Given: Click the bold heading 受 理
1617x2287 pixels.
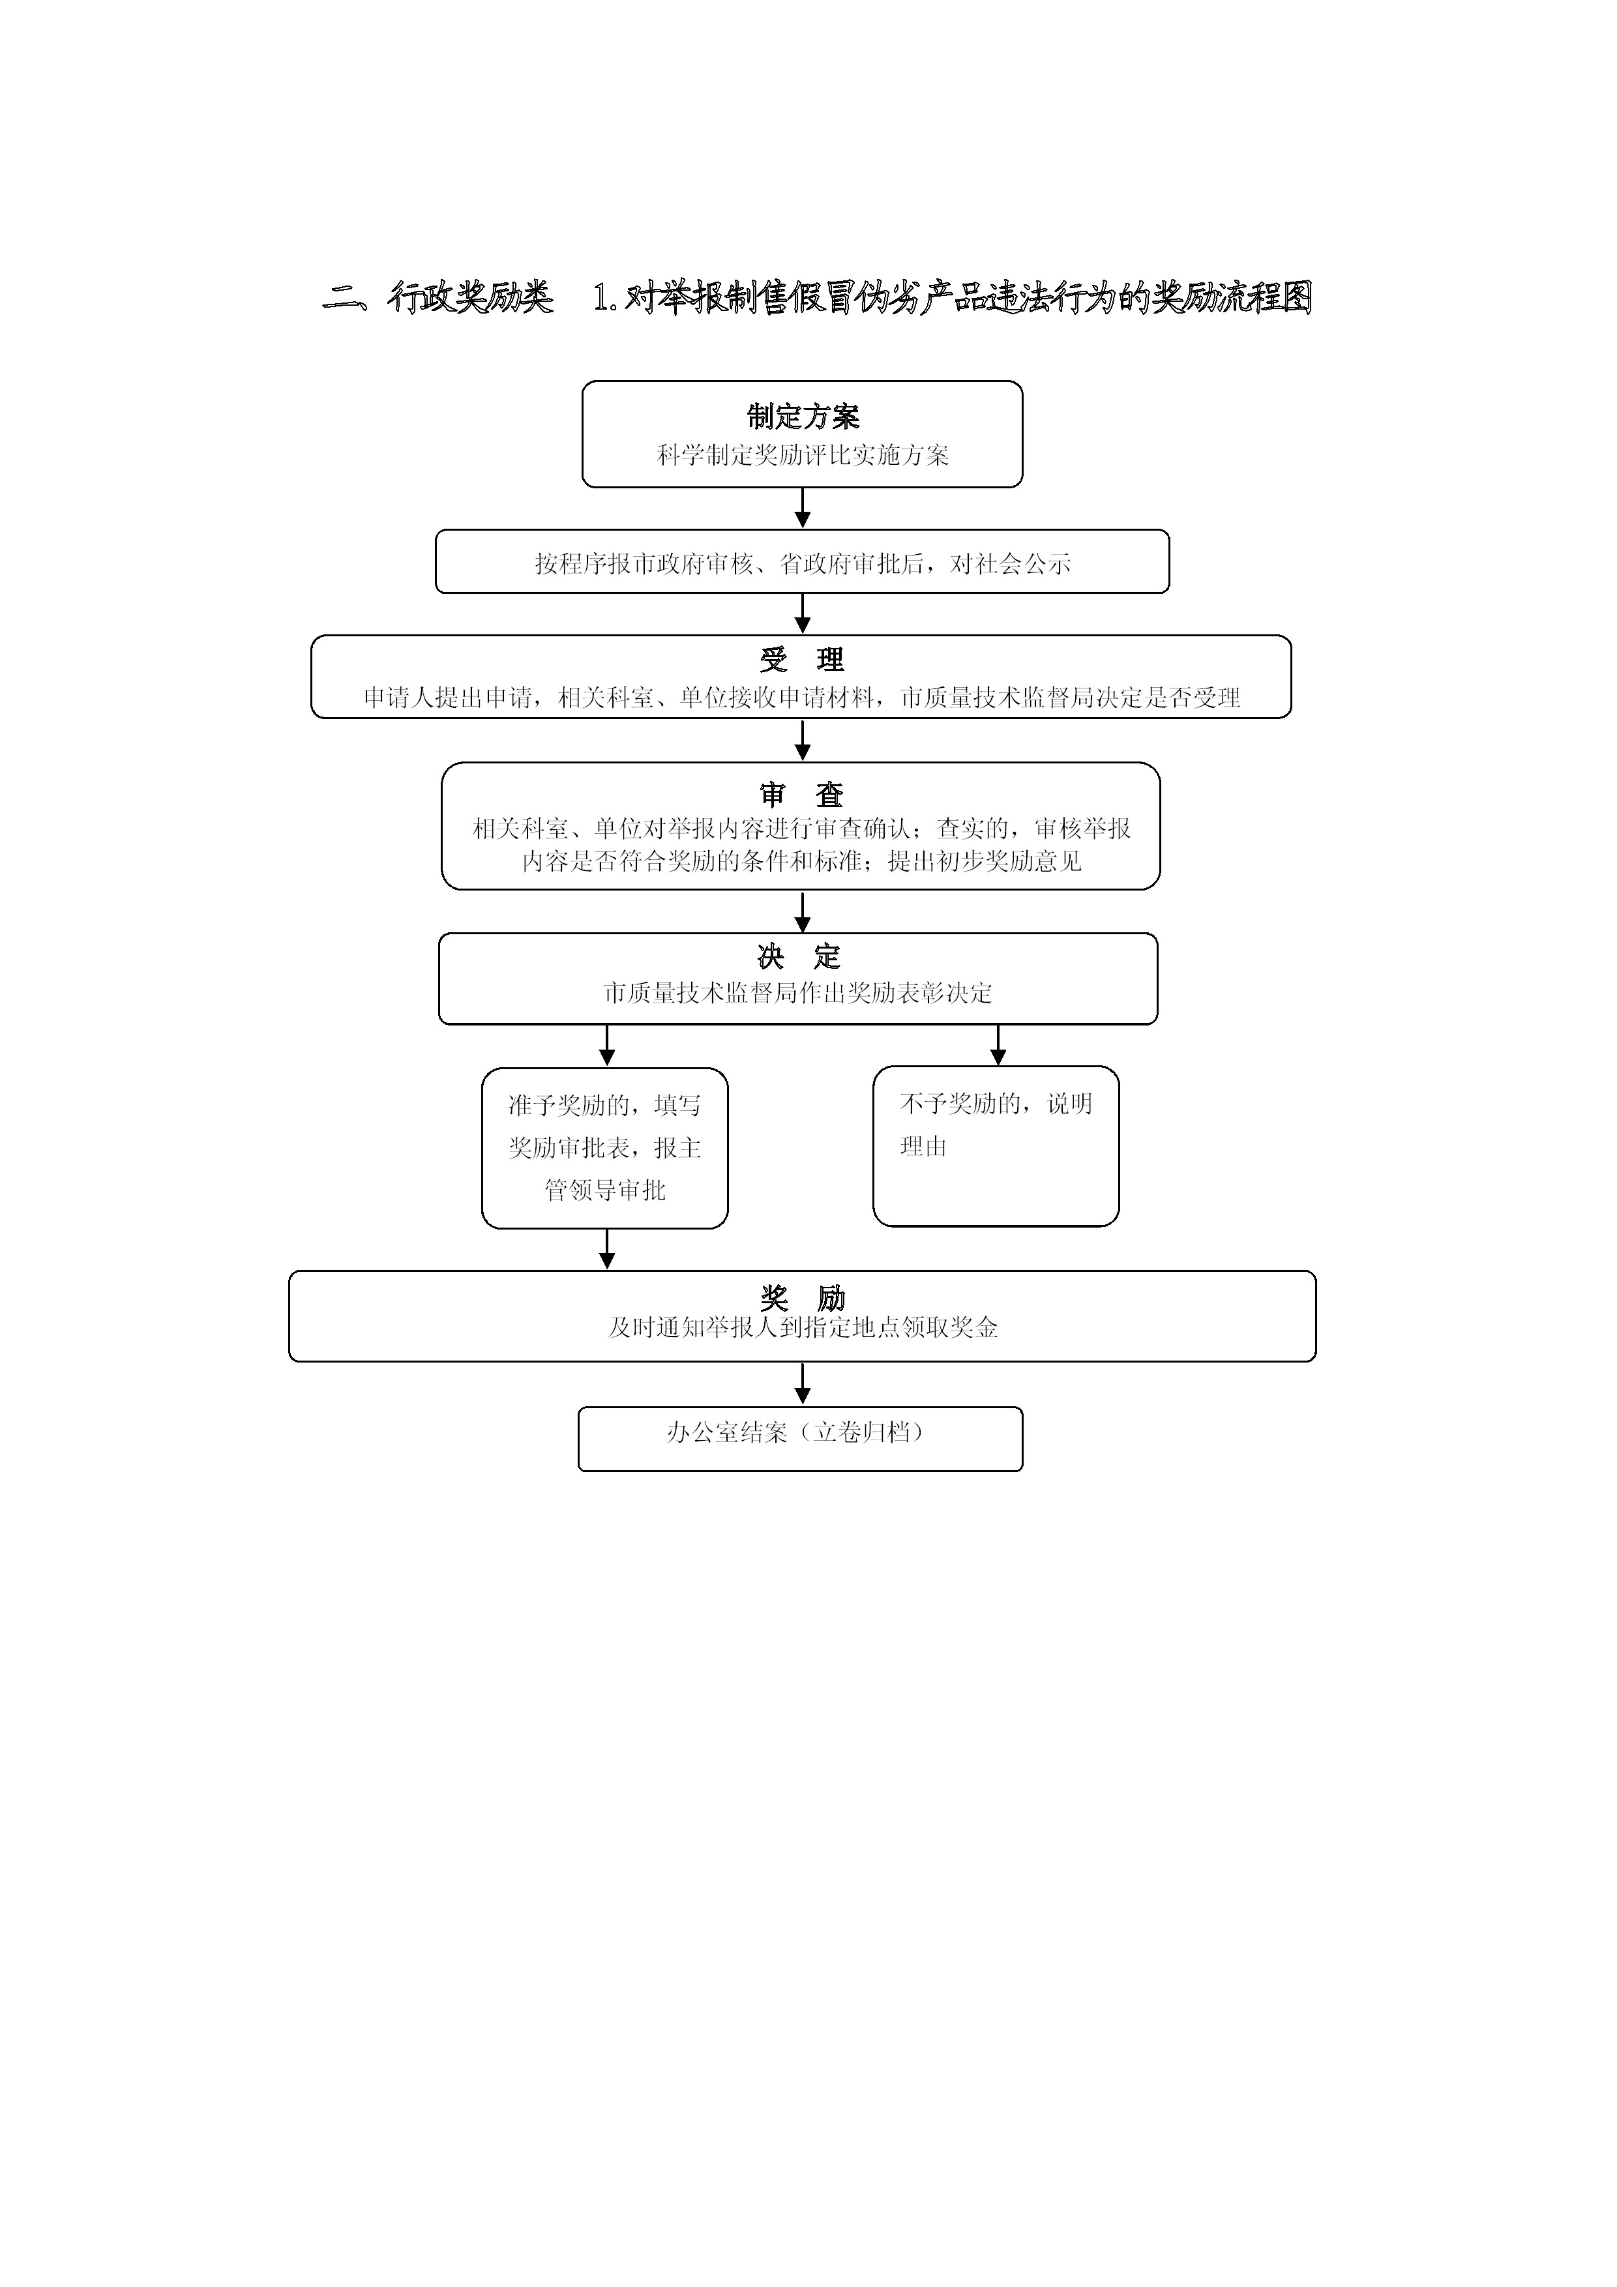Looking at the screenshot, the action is pos(802,659).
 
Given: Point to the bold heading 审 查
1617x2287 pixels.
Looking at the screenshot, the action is pos(802,794).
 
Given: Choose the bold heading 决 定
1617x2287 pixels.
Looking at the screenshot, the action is pos(799,957).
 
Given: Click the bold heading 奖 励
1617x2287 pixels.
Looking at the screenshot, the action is pos(802,1298).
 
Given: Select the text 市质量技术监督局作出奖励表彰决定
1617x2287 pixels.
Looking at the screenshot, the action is pos(798,993).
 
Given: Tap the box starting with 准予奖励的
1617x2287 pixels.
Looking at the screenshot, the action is pos(605,1149).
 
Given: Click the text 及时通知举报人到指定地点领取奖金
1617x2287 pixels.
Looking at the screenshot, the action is pos(803,1328).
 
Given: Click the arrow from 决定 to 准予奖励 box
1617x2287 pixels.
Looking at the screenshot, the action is pos(607,1046).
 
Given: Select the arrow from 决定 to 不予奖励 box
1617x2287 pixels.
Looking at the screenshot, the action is pos(998,1045).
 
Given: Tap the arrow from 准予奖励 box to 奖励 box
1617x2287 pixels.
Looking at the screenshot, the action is pos(607,1249).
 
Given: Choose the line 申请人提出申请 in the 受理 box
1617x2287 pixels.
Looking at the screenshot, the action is pos(801,698).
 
